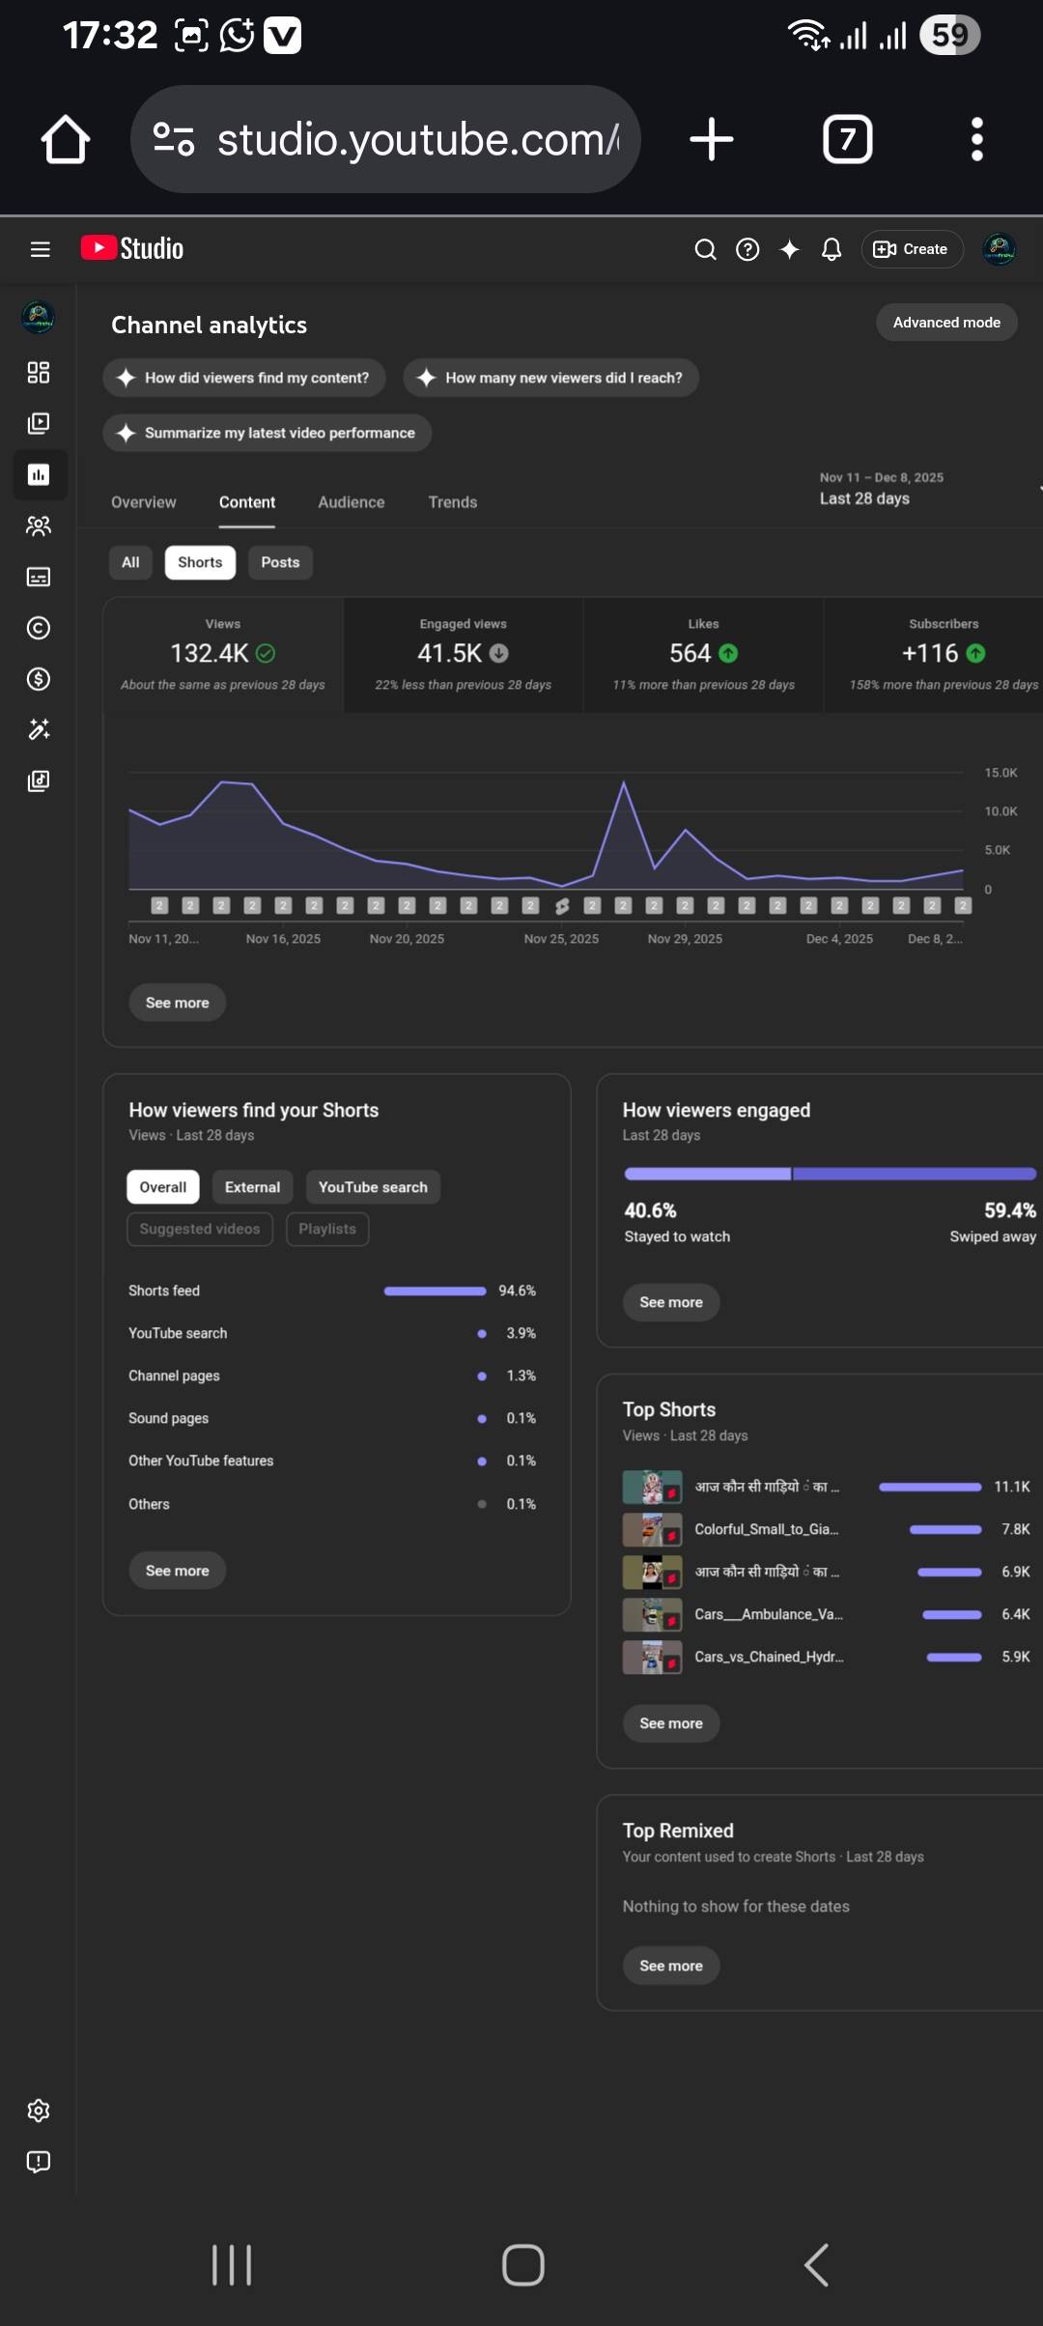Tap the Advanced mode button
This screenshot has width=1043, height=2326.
coord(946,323)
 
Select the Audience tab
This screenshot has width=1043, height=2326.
coord(352,502)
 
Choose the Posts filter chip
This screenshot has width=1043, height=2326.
coord(280,562)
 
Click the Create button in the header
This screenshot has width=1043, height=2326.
coord(912,249)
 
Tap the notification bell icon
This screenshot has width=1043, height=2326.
coord(831,250)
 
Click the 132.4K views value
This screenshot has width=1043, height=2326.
coord(210,654)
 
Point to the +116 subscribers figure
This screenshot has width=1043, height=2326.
coord(930,654)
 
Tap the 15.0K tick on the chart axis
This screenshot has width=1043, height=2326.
coord(1001,773)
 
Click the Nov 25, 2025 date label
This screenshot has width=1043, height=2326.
coord(561,939)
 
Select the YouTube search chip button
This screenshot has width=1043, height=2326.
coord(373,1187)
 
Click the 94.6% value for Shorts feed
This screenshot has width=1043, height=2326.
coord(517,1291)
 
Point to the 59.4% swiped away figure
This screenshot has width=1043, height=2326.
coord(1009,1210)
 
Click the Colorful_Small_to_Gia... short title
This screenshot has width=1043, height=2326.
coord(767,1529)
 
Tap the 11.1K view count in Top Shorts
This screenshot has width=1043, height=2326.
coord(1011,1487)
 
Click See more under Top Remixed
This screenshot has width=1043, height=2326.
coord(671,1966)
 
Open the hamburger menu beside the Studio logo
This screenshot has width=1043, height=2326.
coord(40,249)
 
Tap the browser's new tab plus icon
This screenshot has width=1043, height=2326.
coord(712,139)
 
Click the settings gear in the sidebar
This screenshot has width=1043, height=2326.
coord(39,2111)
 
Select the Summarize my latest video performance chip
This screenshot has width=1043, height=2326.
coord(268,433)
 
